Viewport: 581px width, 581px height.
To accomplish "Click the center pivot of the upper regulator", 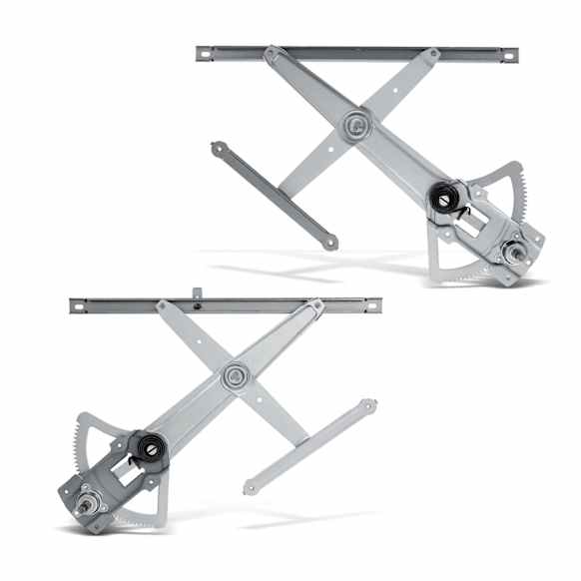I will click(x=354, y=125).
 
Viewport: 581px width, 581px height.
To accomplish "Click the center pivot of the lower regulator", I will click(x=236, y=376).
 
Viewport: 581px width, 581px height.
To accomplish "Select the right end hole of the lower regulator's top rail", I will click(x=371, y=305).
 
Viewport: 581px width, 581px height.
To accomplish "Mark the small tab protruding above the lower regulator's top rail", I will click(x=198, y=293).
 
